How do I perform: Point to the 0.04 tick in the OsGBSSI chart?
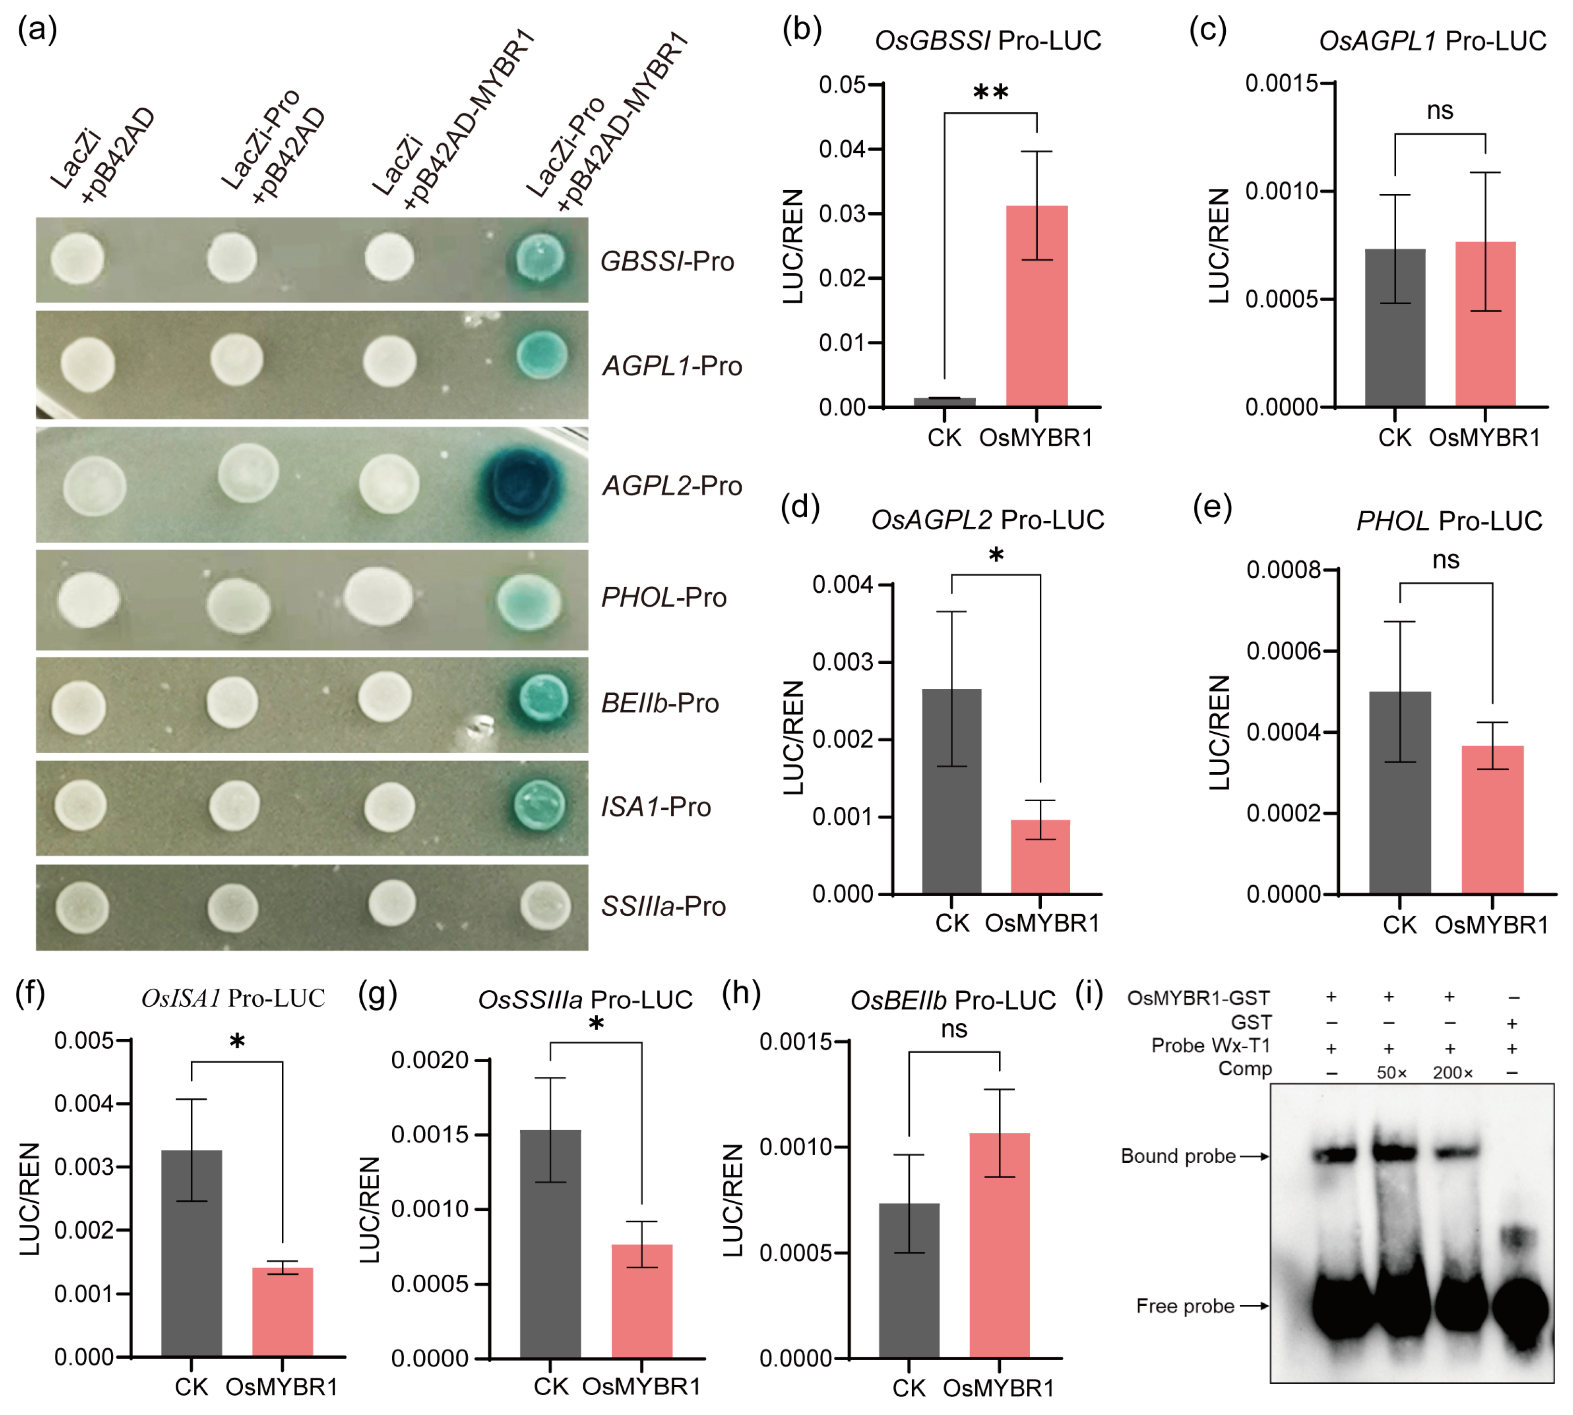pyautogui.click(x=841, y=148)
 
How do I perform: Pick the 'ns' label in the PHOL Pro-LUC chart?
pyautogui.click(x=1445, y=560)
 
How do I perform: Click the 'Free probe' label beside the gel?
pyautogui.click(x=1184, y=1306)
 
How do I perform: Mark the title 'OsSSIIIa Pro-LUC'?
pyautogui.click(x=585, y=1000)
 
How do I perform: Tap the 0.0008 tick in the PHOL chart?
pyautogui.click(x=1283, y=570)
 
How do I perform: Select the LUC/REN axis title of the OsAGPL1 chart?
pyautogui.click(x=1219, y=246)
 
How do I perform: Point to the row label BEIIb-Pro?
pyautogui.click(x=659, y=703)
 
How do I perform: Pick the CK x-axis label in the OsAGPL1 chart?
pyautogui.click(x=1394, y=438)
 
